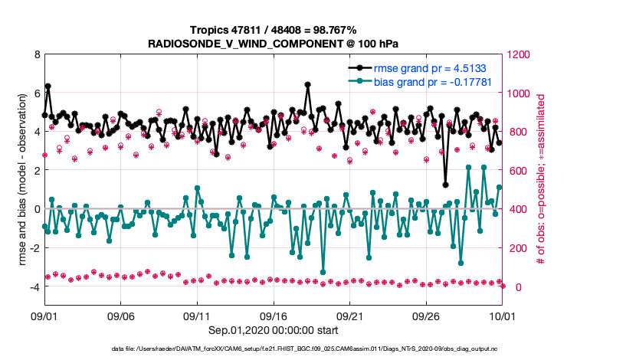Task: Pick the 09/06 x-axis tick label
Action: tap(121, 316)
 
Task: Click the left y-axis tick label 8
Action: tap(36, 55)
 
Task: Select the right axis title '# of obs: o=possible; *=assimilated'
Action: tap(541, 180)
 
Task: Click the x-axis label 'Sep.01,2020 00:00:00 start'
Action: tap(272, 330)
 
